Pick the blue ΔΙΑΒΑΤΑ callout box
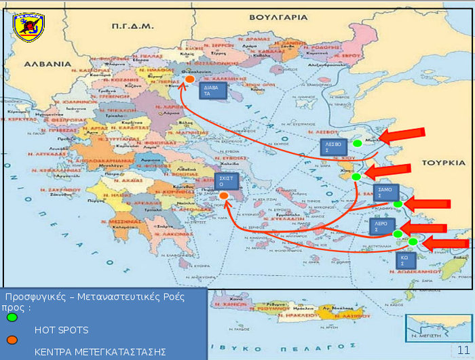click(212, 91)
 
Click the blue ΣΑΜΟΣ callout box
click(385, 193)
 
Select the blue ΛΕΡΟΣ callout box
click(382, 226)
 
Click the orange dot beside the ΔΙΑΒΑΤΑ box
click(190, 80)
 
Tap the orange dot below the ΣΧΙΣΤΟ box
click(224, 196)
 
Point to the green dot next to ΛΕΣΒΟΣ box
click(357, 143)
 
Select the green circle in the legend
click(12, 317)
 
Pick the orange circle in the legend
click(12, 340)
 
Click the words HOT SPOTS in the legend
click(62, 330)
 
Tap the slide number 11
click(463, 348)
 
